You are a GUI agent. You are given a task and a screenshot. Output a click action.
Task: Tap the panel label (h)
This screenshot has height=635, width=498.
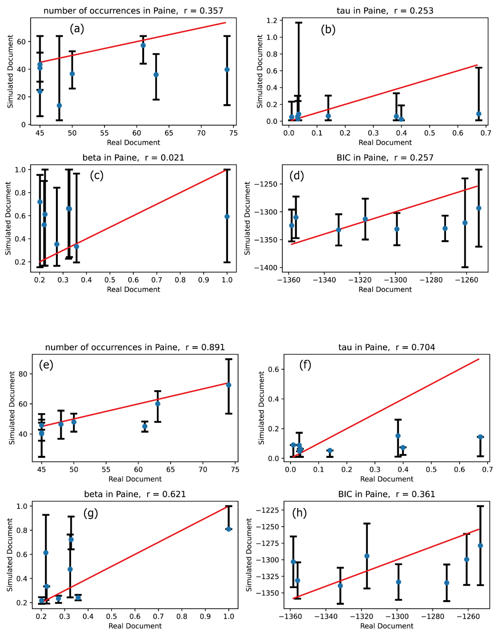(299, 513)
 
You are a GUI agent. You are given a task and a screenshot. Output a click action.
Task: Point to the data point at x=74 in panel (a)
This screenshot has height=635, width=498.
(227, 69)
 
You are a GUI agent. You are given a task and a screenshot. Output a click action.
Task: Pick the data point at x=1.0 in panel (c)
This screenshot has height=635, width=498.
(227, 216)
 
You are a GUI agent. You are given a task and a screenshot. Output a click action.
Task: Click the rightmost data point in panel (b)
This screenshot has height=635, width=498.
(479, 114)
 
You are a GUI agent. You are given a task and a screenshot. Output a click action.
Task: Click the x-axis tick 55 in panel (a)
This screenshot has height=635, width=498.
(104, 133)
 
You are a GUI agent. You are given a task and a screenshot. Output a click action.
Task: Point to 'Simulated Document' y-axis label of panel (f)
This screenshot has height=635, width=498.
(261, 408)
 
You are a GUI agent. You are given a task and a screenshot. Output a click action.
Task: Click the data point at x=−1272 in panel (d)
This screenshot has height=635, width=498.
(445, 228)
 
